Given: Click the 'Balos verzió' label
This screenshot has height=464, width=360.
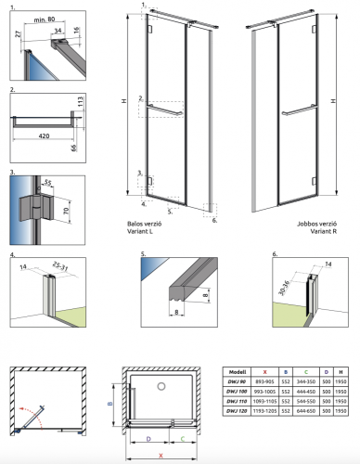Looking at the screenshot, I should click(x=148, y=224).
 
